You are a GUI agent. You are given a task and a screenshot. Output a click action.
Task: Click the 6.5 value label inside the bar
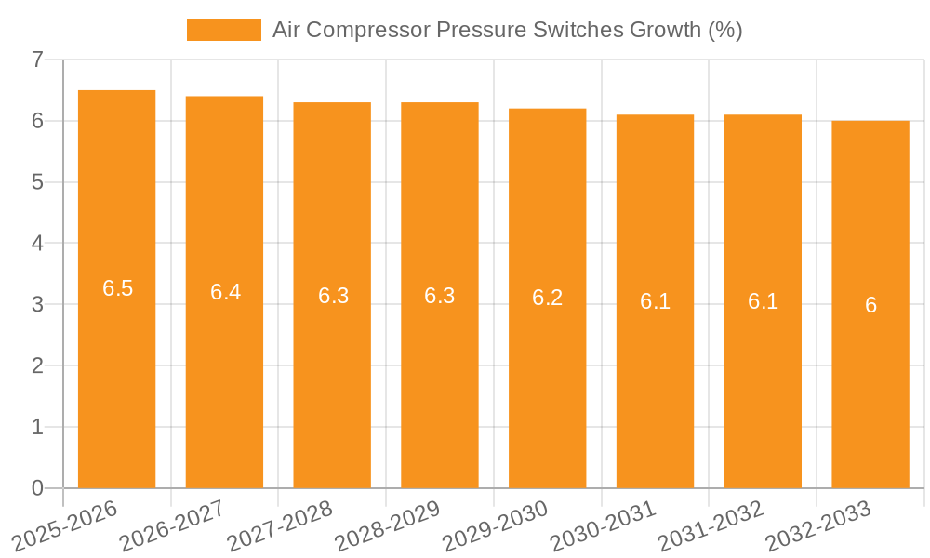coord(117,288)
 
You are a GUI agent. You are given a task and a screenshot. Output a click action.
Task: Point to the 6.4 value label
coord(225,292)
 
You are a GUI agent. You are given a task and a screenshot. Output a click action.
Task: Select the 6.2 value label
coord(547,298)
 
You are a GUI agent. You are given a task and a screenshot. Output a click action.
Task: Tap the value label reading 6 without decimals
coord(870,305)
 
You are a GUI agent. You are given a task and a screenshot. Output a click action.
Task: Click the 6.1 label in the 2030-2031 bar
coord(655,301)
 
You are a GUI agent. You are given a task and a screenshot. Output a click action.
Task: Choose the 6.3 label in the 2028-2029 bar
coord(439,296)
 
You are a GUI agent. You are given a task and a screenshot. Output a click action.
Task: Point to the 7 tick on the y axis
coord(37,60)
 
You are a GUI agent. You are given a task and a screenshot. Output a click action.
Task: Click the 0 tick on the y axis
coord(37,488)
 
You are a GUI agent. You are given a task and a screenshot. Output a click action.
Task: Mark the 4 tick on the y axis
coord(37,244)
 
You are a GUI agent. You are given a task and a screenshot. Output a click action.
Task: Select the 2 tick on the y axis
coord(37,366)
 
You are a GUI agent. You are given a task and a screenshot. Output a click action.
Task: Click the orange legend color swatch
coord(224,30)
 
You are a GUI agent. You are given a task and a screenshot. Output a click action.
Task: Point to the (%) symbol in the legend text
coord(724,30)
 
